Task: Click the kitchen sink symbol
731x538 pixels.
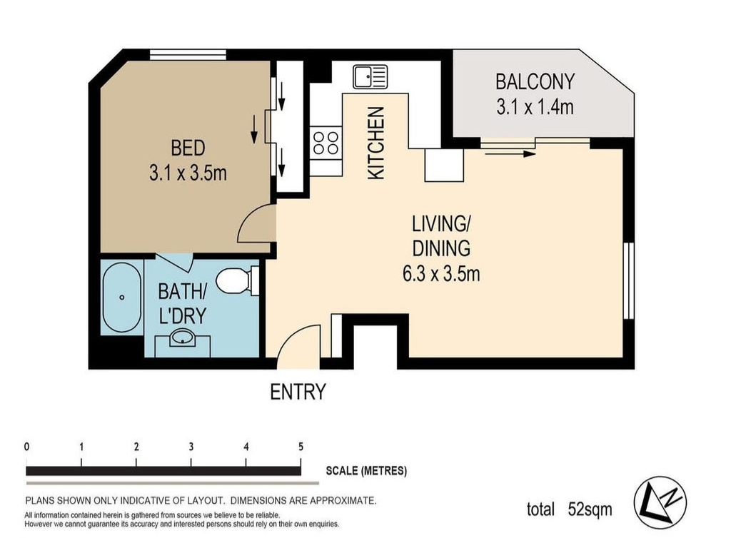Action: (370, 76)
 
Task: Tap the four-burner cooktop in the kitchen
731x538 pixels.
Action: (326, 143)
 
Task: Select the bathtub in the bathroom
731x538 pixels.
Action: (121, 297)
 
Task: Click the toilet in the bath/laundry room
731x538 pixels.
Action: (238, 281)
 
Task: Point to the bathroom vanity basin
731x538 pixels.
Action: (182, 338)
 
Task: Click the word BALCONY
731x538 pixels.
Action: (535, 82)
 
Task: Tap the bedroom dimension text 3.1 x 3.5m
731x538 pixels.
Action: (188, 173)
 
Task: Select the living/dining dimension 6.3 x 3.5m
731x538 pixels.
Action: (441, 273)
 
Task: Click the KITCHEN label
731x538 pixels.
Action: (376, 143)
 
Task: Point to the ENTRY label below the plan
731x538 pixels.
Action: (298, 392)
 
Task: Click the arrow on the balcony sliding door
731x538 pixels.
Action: (510, 153)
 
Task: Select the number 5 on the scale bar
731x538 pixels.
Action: (301, 447)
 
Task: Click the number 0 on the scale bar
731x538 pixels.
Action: (26, 447)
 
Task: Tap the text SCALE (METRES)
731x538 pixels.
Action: (366, 471)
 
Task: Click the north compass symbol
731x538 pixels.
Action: (660, 502)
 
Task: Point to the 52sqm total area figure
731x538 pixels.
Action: (590, 509)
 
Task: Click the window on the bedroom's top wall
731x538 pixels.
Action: (188, 54)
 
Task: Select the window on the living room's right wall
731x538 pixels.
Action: (629, 280)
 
